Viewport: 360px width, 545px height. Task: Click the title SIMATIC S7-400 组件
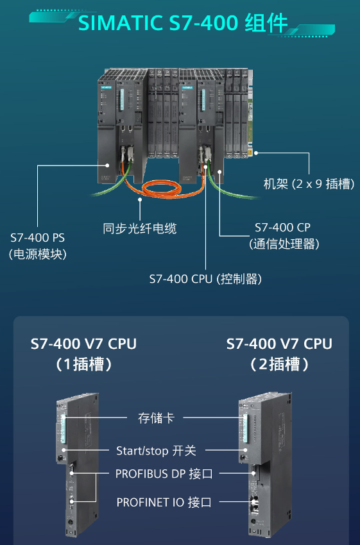183,23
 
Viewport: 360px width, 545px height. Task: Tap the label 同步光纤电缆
139,228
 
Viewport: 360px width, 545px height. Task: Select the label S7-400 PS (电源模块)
38,246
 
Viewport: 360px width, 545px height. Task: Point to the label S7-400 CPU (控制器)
205,279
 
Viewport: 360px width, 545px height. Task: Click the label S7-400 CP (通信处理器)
284,236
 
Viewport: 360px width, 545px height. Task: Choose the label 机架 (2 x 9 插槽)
309,183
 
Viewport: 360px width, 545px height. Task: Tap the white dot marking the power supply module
107,165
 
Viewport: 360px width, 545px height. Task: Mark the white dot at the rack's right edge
255,153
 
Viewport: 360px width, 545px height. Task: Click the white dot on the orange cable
140,199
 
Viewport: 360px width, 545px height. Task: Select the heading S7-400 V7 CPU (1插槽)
83,354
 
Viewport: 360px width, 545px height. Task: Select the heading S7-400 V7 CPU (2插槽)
279,354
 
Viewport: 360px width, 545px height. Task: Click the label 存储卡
156,418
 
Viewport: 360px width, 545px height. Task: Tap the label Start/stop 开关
156,451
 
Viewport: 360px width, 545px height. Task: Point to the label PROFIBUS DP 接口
164,473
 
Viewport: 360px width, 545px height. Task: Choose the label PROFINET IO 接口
164,502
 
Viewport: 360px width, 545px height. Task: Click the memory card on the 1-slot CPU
63,428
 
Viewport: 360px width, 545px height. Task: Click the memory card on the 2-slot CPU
245,428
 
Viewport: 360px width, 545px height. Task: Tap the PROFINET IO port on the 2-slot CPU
253,502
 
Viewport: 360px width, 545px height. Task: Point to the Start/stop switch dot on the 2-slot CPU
245,450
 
